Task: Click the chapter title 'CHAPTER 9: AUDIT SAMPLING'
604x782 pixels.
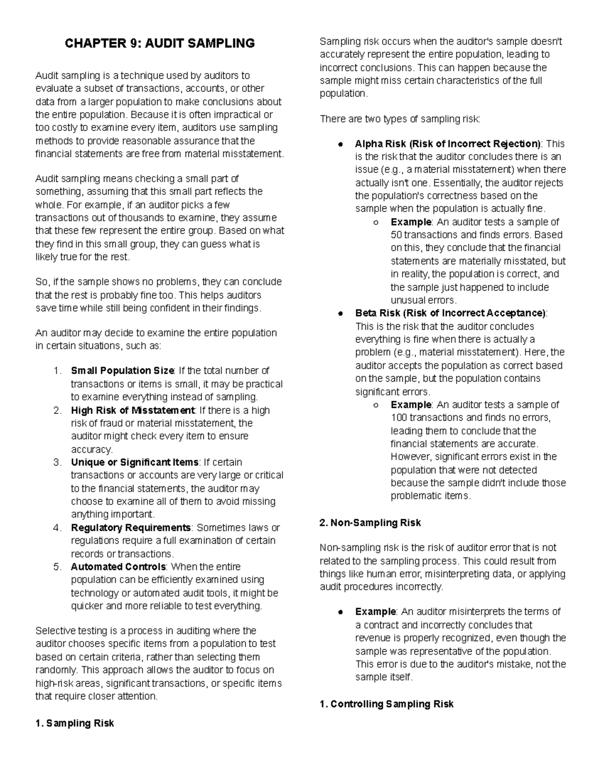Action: (160, 43)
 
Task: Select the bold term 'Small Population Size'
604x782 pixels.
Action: (122, 371)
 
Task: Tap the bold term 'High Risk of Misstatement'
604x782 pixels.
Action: (132, 410)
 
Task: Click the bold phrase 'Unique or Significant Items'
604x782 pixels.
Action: (135, 462)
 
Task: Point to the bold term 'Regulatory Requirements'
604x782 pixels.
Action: (131, 528)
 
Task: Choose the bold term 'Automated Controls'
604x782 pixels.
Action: (118, 567)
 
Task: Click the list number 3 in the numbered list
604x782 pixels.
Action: (57, 462)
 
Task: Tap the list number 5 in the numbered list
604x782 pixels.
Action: (57, 567)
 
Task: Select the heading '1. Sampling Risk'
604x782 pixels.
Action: (74, 724)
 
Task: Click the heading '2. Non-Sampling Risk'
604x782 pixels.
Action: (370, 523)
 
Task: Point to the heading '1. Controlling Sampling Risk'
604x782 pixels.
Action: (387, 704)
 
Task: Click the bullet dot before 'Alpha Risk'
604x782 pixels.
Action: (341, 144)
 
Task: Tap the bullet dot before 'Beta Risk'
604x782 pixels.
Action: (341, 314)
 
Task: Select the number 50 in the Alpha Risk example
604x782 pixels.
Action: (396, 235)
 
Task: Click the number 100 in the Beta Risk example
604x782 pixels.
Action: (398, 418)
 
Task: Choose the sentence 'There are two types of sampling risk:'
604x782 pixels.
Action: (400, 119)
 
